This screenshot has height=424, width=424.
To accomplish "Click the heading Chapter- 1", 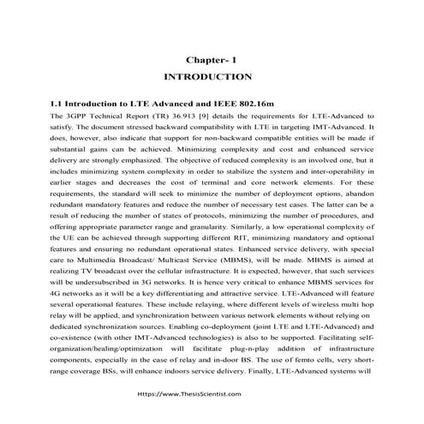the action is click(x=212, y=60).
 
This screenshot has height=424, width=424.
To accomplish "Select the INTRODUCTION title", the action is click(x=212, y=77).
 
